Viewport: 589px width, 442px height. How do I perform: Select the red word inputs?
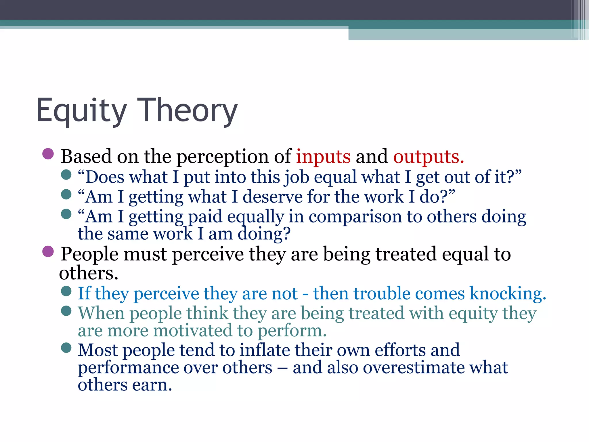323,157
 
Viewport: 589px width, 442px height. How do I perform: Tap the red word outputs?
429,157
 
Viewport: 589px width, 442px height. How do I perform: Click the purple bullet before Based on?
48,154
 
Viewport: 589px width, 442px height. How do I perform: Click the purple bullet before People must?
48,251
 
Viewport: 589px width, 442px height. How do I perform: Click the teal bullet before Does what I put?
66,174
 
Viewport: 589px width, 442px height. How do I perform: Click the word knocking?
508,294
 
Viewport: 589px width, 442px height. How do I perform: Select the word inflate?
265,350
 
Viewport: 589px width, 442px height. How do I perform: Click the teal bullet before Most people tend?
66,348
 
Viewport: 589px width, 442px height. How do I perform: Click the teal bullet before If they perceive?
66,291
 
